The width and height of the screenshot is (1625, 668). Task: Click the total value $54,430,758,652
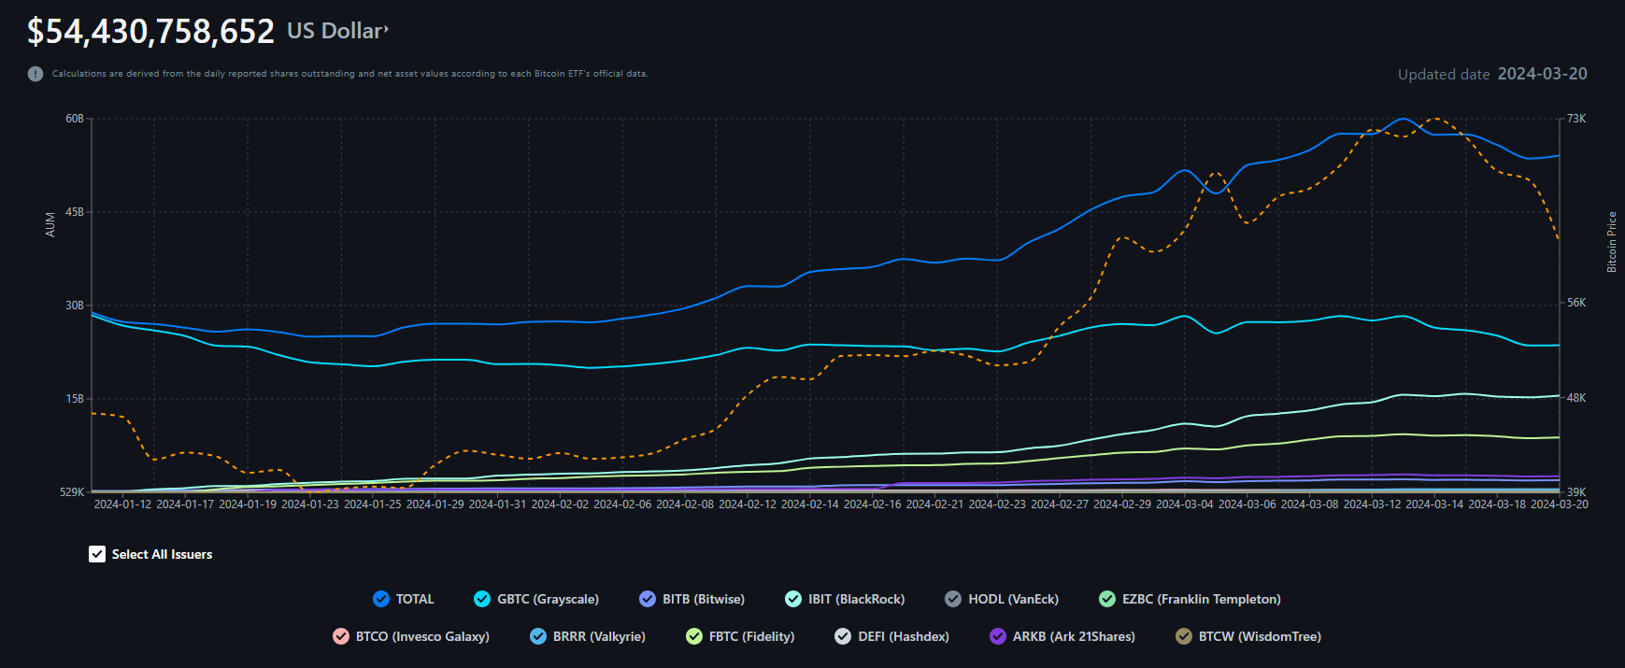tap(150, 32)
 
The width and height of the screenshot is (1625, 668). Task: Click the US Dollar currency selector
tap(336, 31)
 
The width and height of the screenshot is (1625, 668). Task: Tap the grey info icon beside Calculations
tap(36, 74)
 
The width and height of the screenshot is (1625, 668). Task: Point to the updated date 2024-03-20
tap(1541, 74)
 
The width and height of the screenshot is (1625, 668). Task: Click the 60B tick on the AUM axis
tap(75, 119)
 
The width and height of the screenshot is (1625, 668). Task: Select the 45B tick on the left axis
tap(75, 212)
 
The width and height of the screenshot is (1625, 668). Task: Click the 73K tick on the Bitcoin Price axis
tap(1576, 119)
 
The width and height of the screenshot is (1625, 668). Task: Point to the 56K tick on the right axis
tap(1576, 303)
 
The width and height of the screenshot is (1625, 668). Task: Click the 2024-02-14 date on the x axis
tap(809, 505)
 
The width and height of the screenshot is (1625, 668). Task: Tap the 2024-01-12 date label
tap(122, 505)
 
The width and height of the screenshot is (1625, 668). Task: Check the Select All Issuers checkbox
tap(97, 554)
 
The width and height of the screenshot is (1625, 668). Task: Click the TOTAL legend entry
tap(404, 599)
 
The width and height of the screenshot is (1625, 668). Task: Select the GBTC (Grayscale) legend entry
tap(536, 599)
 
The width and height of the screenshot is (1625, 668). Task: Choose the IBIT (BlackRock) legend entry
tap(845, 599)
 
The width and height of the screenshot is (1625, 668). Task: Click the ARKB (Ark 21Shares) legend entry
tap(1062, 636)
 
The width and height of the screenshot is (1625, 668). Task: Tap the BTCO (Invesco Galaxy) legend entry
tap(411, 636)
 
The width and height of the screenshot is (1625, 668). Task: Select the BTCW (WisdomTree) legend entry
tap(1248, 636)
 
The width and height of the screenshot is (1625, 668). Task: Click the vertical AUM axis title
tap(50, 224)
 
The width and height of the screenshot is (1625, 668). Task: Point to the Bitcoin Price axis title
tap(1611, 242)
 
